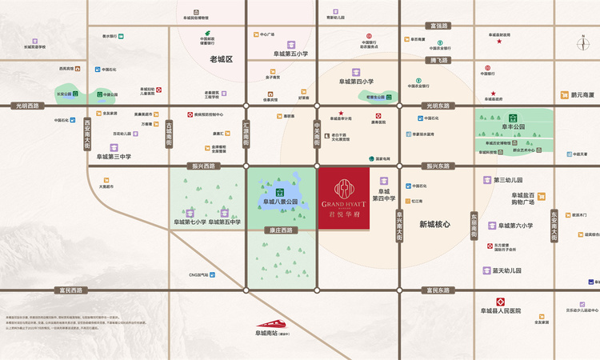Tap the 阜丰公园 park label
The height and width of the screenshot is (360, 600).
pyautogui.click(x=513, y=126)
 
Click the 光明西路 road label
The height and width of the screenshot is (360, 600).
pyautogui.click(x=30, y=106)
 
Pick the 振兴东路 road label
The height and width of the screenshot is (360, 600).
pyautogui.click(x=438, y=166)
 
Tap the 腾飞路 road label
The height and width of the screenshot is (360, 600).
pyautogui.click(x=438, y=60)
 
